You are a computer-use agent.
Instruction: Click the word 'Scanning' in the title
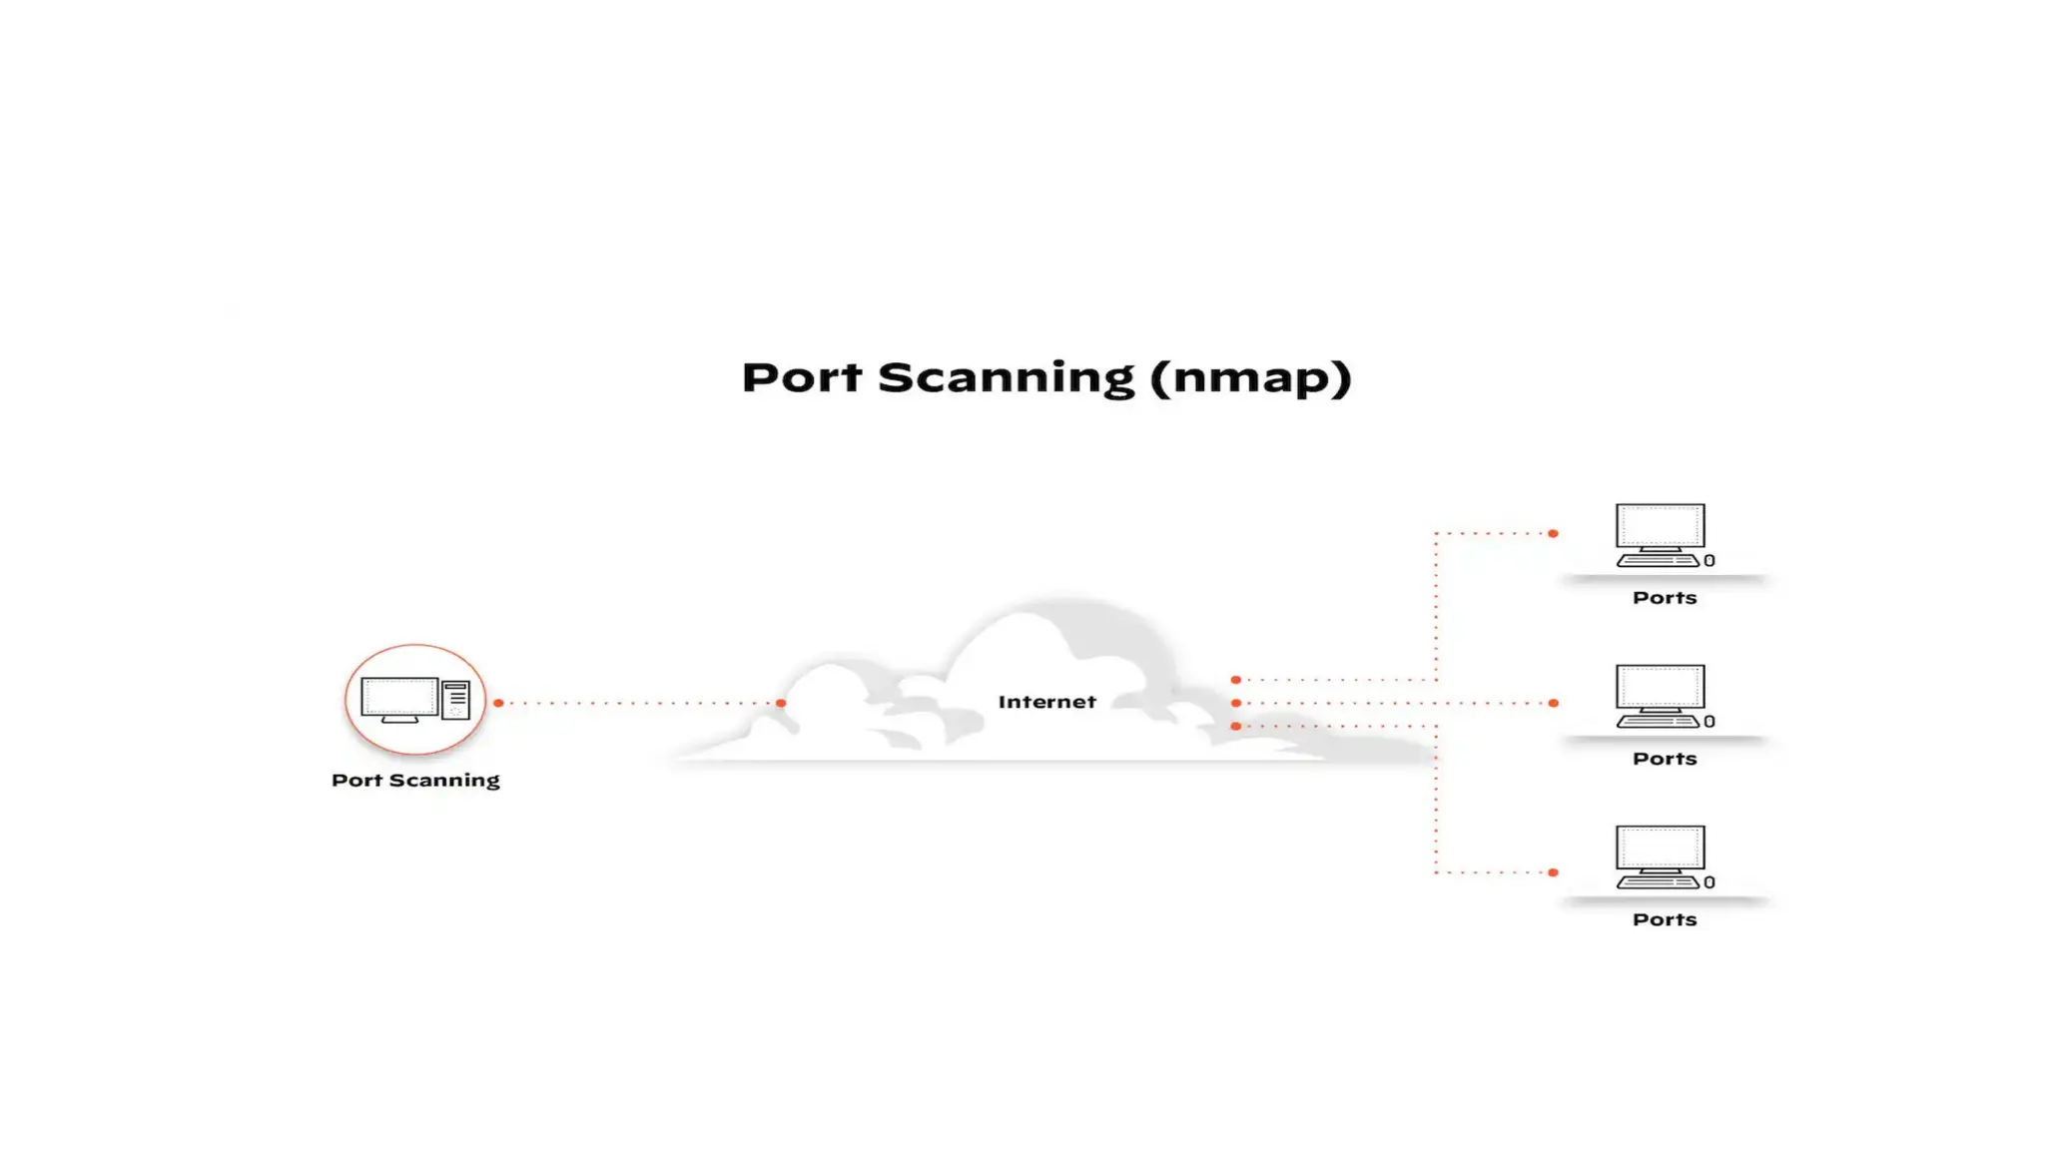pyautogui.click(x=1006, y=378)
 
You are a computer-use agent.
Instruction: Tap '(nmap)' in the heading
pyautogui.click(x=1250, y=378)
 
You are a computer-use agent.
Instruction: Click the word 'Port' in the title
pyautogui.click(x=801, y=378)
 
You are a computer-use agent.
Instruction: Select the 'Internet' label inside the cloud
pyautogui.click(x=1046, y=702)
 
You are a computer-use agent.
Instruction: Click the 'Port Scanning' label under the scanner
pyautogui.click(x=415, y=780)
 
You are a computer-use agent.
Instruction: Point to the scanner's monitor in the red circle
pyautogui.click(x=398, y=699)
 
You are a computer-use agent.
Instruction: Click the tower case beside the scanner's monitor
pyautogui.click(x=455, y=699)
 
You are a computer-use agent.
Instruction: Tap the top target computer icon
pyautogui.click(x=1660, y=535)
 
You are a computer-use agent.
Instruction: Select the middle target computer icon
pyautogui.click(x=1660, y=696)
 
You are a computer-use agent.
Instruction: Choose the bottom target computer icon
pyautogui.click(x=1660, y=857)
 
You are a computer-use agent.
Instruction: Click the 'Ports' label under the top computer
pyautogui.click(x=1665, y=598)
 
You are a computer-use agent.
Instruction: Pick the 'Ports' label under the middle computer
pyautogui.click(x=1665, y=759)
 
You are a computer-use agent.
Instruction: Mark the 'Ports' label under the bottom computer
pyautogui.click(x=1665, y=919)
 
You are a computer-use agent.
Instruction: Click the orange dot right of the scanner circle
pyautogui.click(x=498, y=703)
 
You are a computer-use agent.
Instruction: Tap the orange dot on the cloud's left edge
pyautogui.click(x=781, y=703)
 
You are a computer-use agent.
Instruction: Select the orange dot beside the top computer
pyautogui.click(x=1553, y=533)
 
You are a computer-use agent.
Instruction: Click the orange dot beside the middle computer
pyautogui.click(x=1553, y=703)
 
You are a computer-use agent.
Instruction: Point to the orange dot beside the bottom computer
pyautogui.click(x=1553, y=872)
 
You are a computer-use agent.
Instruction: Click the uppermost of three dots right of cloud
pyautogui.click(x=1236, y=680)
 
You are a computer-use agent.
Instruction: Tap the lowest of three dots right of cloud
pyautogui.click(x=1236, y=726)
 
